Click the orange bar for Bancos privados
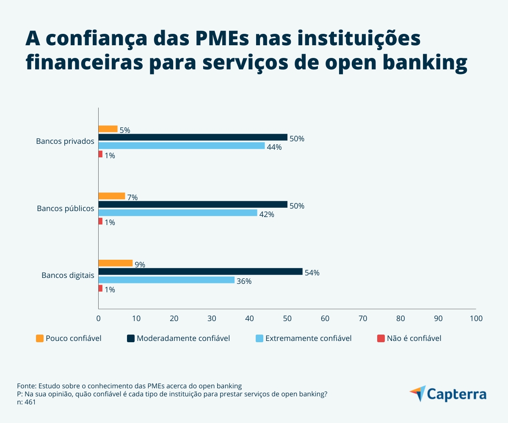pyautogui.click(x=108, y=129)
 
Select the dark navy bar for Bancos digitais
pyautogui.click(x=200, y=272)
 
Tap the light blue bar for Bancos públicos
pyautogui.click(x=178, y=213)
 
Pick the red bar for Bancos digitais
pyautogui.click(x=100, y=288)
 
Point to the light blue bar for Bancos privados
pyautogui.click(x=182, y=146)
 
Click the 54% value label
pyautogui.click(x=312, y=273)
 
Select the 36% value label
pyautogui.click(x=244, y=281)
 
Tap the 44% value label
pyautogui.click(x=274, y=147)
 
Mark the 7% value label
pyautogui.click(x=133, y=198)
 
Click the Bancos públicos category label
pyautogui.click(x=66, y=209)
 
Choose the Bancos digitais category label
pyautogui.click(x=68, y=275)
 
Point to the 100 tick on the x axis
pyautogui.click(x=476, y=319)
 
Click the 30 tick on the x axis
pyautogui.click(x=212, y=319)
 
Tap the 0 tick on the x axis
pyautogui.click(x=99, y=319)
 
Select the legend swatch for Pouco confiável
pyautogui.click(x=40, y=338)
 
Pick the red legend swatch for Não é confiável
pyautogui.click(x=381, y=338)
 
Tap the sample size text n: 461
pyautogui.click(x=26, y=402)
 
